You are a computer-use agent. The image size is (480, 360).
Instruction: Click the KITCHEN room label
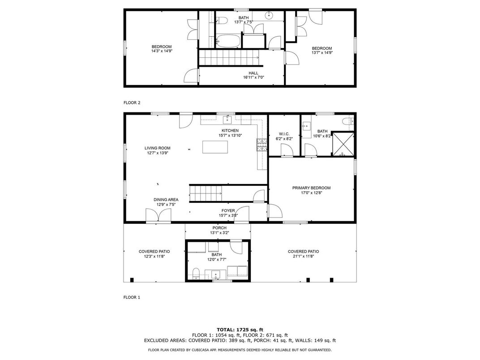(x=230, y=130)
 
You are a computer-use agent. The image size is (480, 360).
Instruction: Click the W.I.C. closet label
(x=284, y=134)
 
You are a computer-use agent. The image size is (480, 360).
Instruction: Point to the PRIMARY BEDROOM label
(x=311, y=188)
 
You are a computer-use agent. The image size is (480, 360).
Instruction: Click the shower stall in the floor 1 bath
(x=343, y=143)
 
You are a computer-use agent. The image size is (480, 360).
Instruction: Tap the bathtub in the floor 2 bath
(x=227, y=41)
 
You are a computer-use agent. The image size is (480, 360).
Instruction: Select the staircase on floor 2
(x=228, y=57)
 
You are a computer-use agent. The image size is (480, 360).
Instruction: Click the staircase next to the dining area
(x=206, y=193)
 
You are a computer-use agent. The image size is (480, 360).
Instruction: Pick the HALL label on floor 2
(x=253, y=73)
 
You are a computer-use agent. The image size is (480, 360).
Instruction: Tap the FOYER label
(x=228, y=210)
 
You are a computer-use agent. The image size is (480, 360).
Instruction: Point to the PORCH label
(x=219, y=228)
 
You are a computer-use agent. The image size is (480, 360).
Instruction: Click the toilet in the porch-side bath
(x=196, y=273)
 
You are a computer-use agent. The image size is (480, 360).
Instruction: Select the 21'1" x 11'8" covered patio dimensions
(x=303, y=257)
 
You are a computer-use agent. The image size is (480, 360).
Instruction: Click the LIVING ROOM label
(x=157, y=148)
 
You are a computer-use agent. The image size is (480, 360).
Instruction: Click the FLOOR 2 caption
(x=132, y=103)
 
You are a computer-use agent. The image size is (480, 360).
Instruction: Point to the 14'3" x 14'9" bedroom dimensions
(x=161, y=51)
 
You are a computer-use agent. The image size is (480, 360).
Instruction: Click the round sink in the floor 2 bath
(x=269, y=16)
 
